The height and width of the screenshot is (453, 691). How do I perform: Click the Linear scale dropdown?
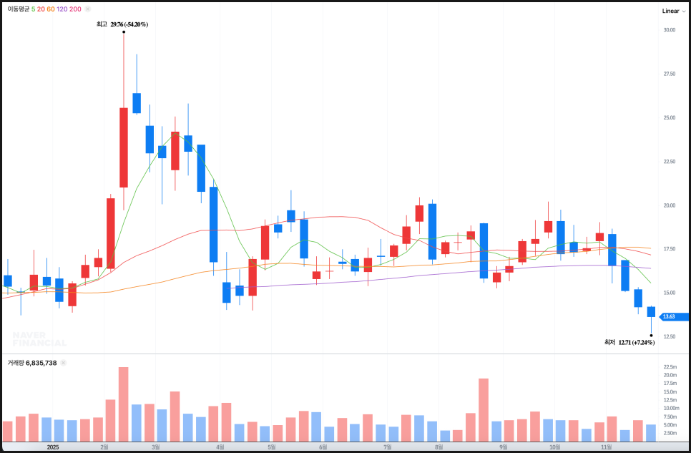[x=673, y=11]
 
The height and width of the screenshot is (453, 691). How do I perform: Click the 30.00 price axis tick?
[x=670, y=30]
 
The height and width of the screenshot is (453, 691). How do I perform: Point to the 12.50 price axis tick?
[x=670, y=336]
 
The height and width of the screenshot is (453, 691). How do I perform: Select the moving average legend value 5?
[x=33, y=9]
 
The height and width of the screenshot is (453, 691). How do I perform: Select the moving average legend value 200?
[x=75, y=9]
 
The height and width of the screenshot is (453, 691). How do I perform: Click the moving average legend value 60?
[x=51, y=9]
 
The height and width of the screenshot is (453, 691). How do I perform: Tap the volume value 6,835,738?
[x=41, y=363]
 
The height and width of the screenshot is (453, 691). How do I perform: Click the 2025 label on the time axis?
[x=52, y=447]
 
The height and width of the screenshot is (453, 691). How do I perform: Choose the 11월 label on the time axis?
[x=604, y=447]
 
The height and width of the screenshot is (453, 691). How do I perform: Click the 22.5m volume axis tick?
[x=670, y=366]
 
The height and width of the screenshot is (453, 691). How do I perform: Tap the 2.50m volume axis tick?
[x=670, y=433]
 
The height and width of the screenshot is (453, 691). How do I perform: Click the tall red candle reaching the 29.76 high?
[x=124, y=147]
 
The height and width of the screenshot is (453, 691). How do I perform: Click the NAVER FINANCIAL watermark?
[x=39, y=339]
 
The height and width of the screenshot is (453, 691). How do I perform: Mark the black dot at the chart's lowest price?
[x=651, y=335]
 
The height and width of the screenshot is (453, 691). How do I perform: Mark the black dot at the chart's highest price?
[x=124, y=31]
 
